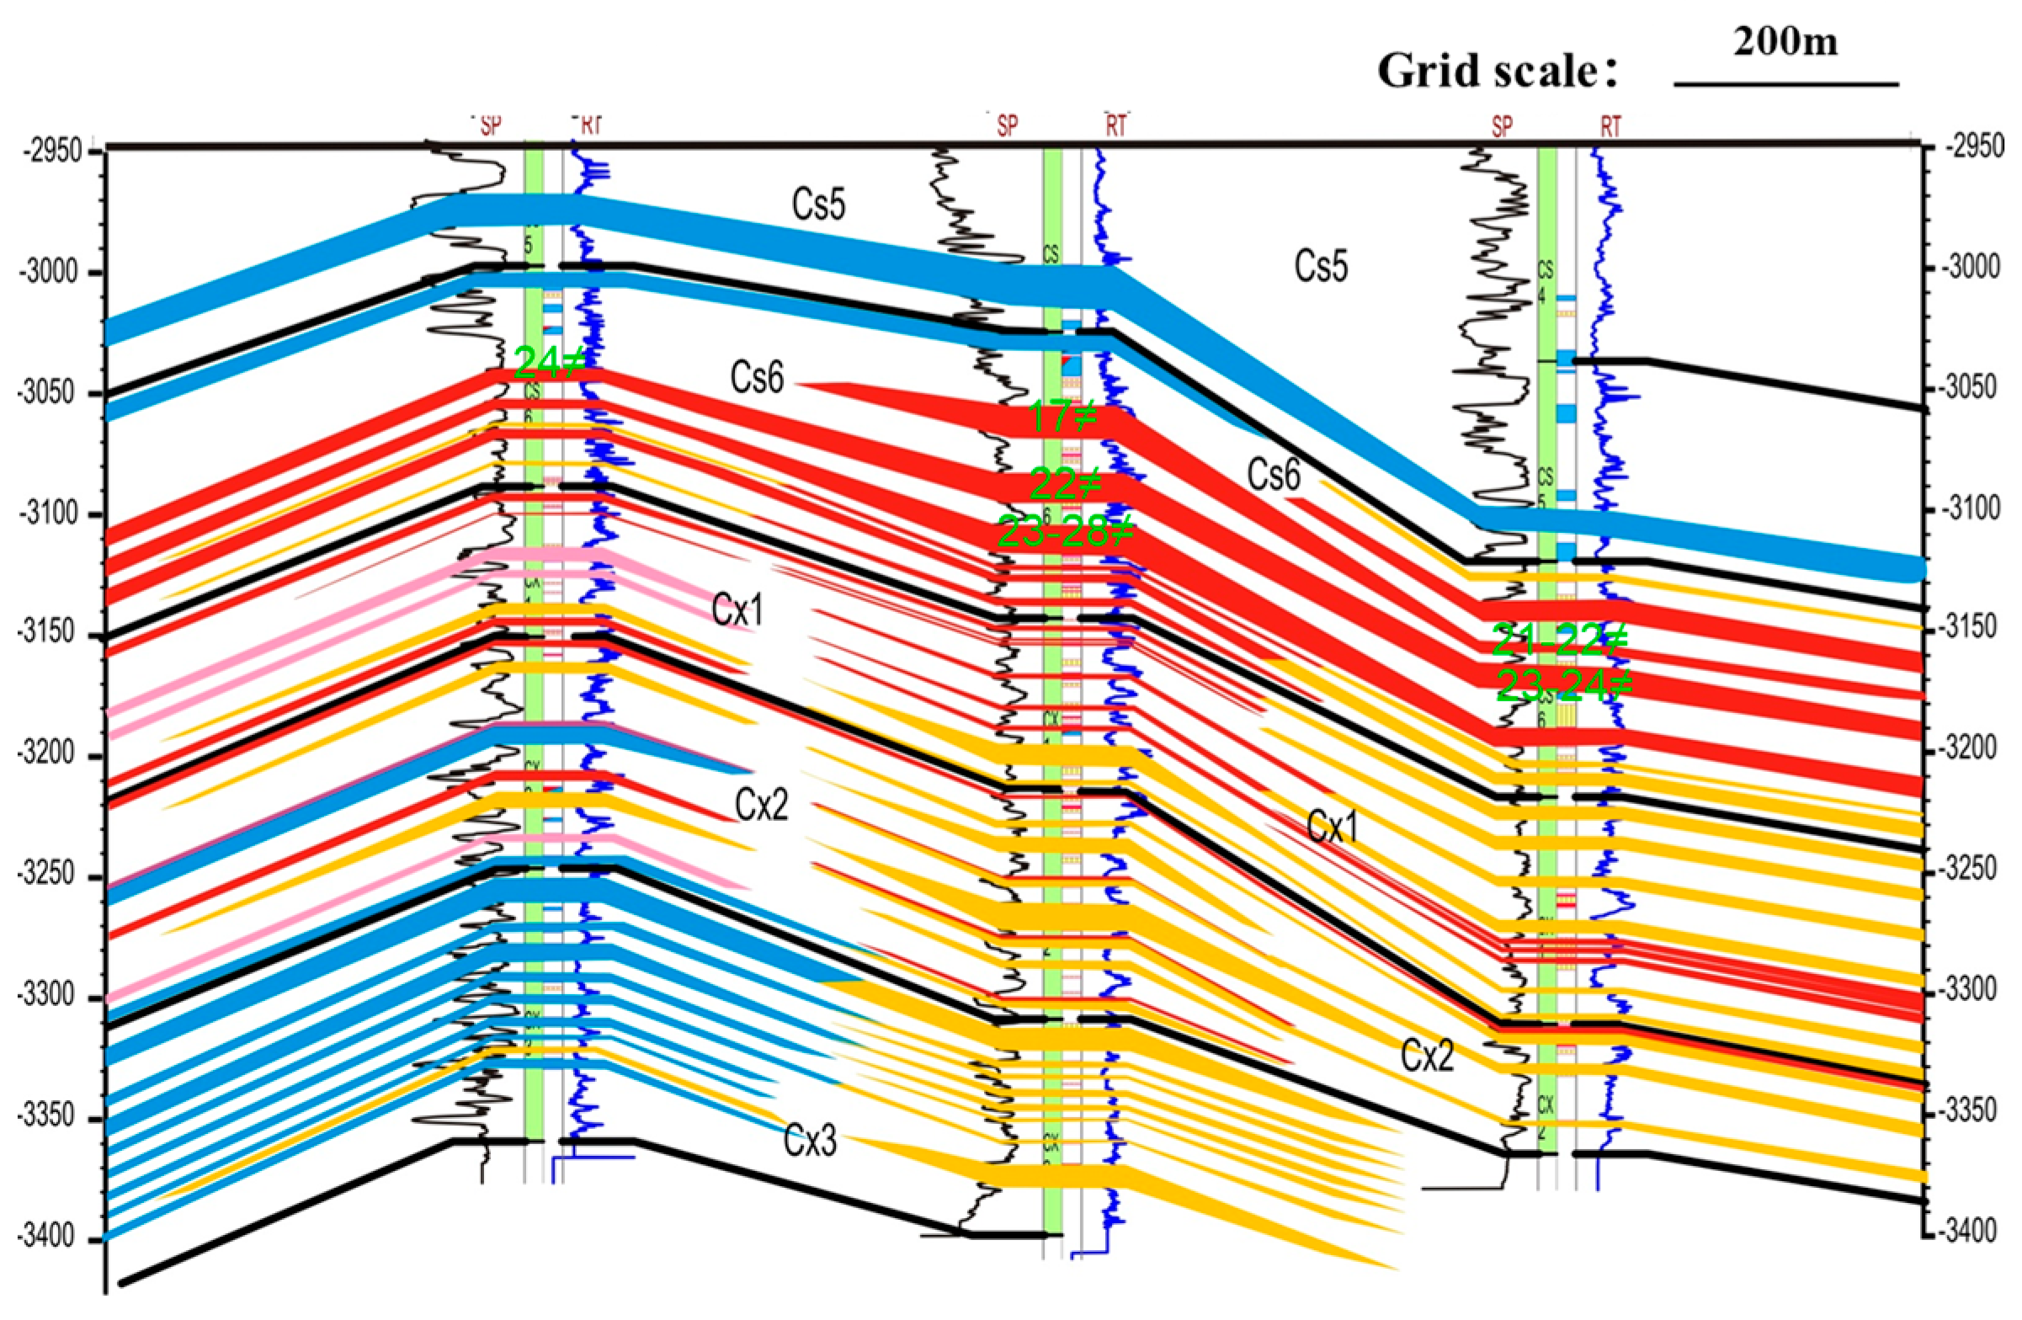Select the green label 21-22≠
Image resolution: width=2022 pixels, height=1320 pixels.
point(1560,641)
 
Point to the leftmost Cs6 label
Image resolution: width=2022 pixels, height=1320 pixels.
point(756,378)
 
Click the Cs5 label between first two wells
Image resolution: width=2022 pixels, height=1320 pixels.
point(819,205)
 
